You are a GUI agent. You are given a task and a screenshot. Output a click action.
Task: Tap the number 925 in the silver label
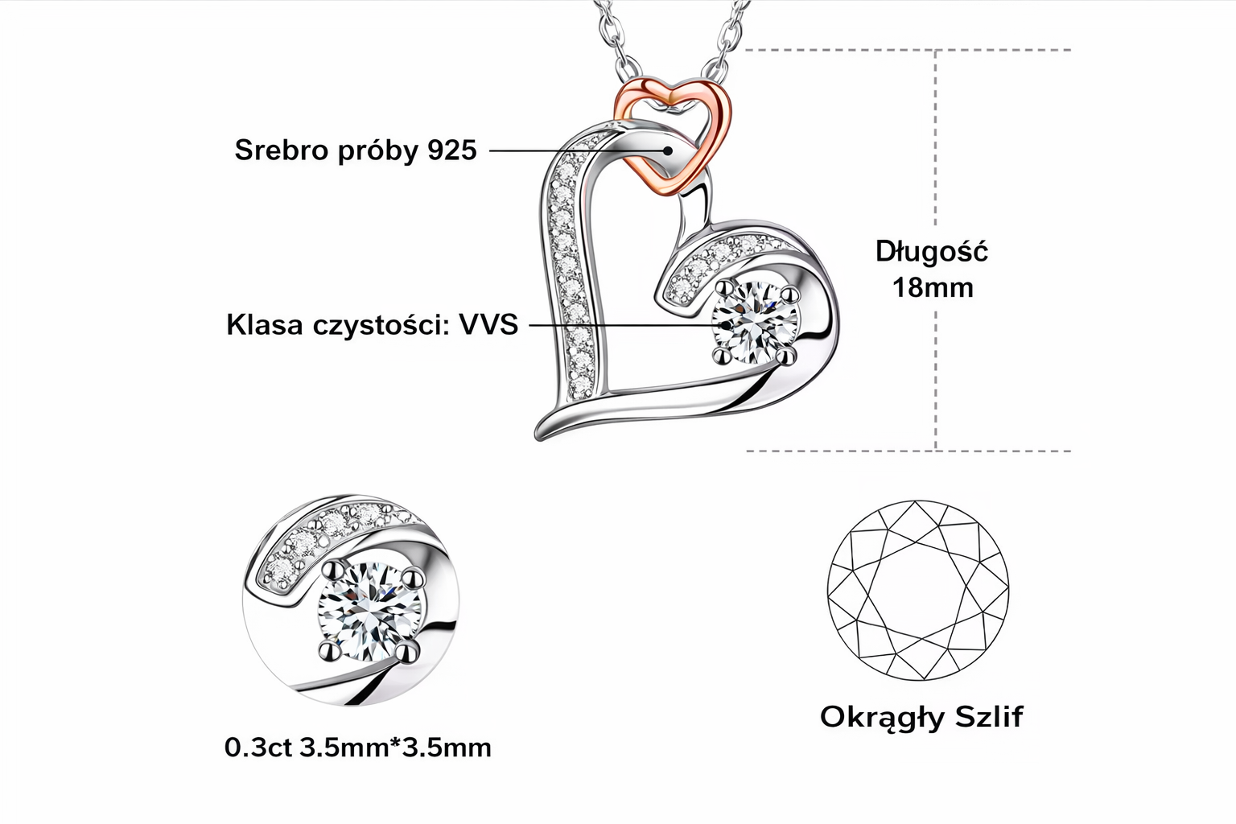pyautogui.click(x=451, y=150)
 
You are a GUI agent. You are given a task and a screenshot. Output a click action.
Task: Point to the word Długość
pyautogui.click(x=932, y=252)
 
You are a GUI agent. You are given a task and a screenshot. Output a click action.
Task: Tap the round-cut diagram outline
pyautogui.click(x=918, y=591)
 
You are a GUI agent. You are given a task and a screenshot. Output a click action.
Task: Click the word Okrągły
pyautogui.click(x=881, y=717)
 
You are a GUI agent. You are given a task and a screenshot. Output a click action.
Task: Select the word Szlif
pyautogui.click(x=989, y=715)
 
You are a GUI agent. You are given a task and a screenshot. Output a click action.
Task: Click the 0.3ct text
pyautogui.click(x=257, y=748)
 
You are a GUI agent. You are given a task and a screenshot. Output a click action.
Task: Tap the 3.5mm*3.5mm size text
pyautogui.click(x=395, y=748)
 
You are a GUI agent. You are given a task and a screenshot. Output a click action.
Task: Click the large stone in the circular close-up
pyautogui.click(x=366, y=609)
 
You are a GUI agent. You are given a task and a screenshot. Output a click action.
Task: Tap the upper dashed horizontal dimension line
pyautogui.click(x=909, y=50)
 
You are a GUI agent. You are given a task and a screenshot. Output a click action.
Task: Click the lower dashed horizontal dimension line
pyautogui.click(x=909, y=451)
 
